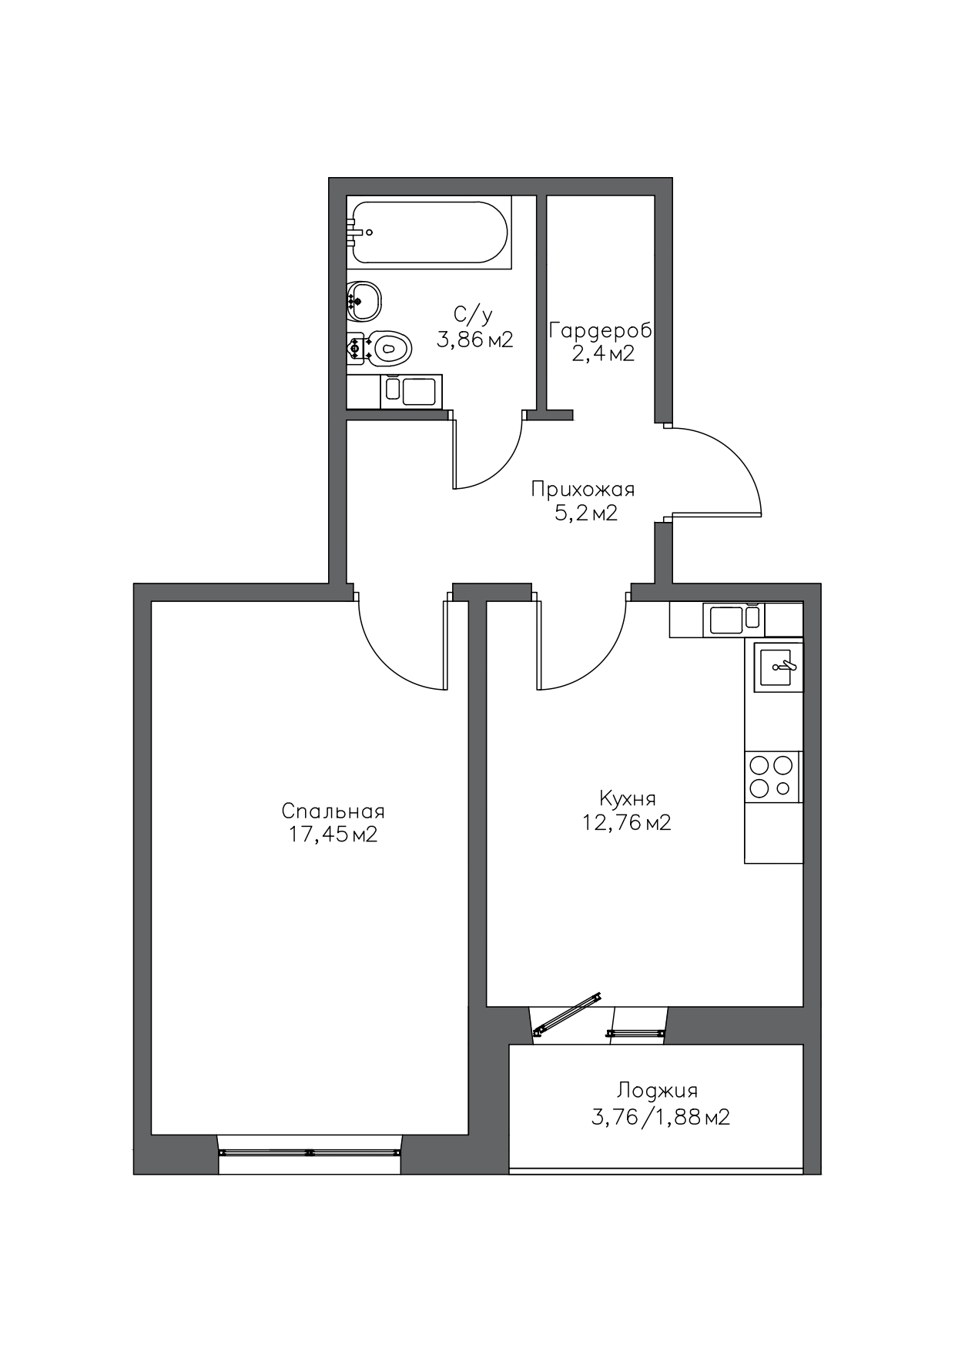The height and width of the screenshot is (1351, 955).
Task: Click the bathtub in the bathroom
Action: tap(429, 232)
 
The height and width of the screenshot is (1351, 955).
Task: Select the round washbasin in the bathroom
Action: tap(364, 301)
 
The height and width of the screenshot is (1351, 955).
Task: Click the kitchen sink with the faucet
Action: tap(778, 667)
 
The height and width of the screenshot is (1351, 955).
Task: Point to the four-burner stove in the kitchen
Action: tap(772, 777)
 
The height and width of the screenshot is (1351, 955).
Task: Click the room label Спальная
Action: tap(333, 811)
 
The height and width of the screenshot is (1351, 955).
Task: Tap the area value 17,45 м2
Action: tap(333, 835)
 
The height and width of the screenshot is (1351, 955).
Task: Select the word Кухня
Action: tap(627, 798)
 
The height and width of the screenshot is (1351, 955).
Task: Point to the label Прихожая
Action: tap(583, 490)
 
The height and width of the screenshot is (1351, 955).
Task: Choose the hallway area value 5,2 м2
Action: tap(586, 513)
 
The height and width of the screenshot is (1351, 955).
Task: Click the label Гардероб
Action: tap(601, 331)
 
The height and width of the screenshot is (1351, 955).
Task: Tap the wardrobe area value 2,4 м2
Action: tap(603, 354)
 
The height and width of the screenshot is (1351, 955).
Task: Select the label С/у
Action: tap(473, 314)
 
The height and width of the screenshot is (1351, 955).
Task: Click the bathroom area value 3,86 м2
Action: tap(474, 339)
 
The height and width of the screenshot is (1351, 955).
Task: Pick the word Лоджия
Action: tap(657, 1092)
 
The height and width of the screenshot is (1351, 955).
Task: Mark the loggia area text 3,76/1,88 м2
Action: tap(660, 1117)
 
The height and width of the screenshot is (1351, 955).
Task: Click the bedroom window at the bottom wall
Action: tap(310, 1152)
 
